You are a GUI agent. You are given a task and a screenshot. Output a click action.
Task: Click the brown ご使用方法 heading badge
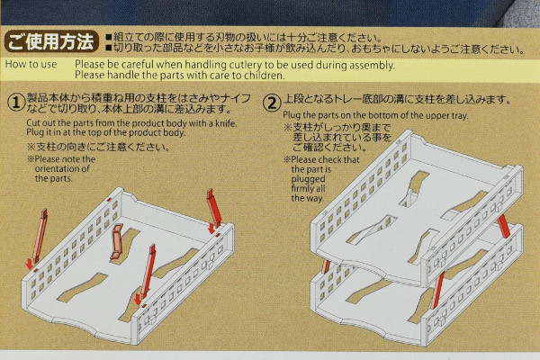tap(51, 41)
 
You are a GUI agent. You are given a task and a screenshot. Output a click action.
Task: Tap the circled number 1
tap(16, 103)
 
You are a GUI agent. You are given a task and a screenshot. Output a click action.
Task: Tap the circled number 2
tap(272, 103)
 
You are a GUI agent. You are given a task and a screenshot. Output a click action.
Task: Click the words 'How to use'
tap(31, 64)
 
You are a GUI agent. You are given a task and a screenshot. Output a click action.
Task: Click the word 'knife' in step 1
tap(226, 123)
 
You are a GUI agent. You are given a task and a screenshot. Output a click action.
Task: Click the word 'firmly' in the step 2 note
tap(301, 188)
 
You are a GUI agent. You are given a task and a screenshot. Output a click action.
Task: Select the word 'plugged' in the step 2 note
tap(308, 179)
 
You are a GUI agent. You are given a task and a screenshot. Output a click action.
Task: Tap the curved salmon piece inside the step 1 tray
tap(116, 241)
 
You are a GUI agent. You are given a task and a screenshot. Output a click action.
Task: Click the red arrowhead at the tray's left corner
tap(30, 265)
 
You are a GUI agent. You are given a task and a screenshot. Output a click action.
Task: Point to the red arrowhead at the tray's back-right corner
tap(212, 228)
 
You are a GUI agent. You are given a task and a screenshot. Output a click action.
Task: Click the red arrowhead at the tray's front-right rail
tap(138, 300)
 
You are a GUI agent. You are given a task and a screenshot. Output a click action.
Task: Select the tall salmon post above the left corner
tap(40, 236)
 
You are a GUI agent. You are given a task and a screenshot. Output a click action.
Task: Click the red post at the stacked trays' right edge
tap(504, 226)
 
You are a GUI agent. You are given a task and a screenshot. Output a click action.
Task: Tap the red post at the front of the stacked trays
tap(436, 290)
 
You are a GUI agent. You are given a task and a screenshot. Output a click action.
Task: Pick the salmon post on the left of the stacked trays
tap(326, 266)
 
